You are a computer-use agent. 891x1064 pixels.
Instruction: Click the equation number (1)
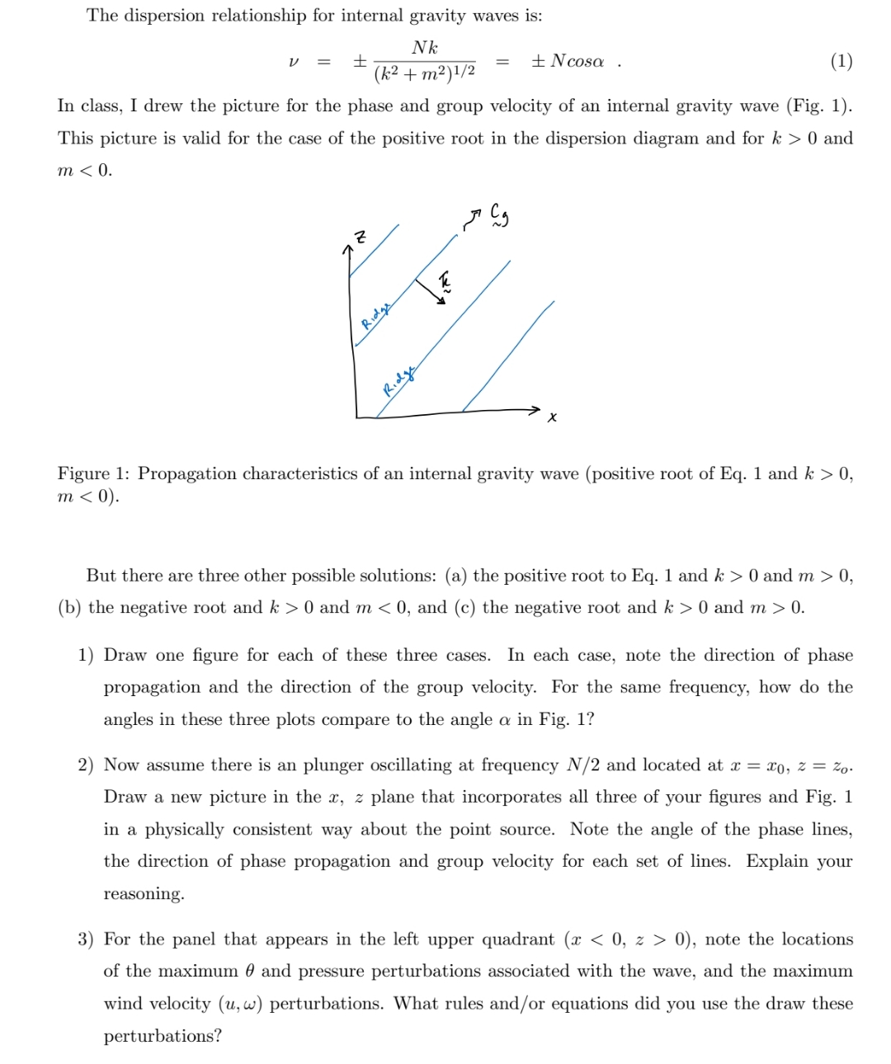(841, 61)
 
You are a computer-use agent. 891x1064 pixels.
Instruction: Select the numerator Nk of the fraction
(424, 48)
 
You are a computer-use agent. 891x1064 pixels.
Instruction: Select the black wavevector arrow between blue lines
(430, 290)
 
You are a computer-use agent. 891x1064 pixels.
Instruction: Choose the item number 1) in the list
(87, 656)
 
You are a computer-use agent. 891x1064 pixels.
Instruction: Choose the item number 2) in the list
(87, 765)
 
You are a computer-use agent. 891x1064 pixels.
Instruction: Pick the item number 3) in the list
(87, 939)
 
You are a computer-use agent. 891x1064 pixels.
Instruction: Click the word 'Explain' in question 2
(777, 862)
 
